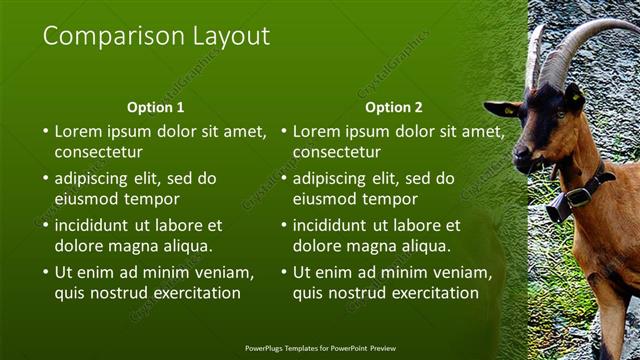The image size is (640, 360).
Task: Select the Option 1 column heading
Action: [155, 107]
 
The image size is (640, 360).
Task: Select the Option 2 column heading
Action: [393, 107]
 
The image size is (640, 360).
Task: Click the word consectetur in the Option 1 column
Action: [98, 153]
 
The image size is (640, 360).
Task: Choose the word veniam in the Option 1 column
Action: [227, 272]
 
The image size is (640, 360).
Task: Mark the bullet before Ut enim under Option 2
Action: [284, 272]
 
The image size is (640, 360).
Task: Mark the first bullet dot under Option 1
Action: [45, 131]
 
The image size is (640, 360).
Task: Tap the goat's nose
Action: [519, 154]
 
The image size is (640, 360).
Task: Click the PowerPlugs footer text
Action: [320, 348]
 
